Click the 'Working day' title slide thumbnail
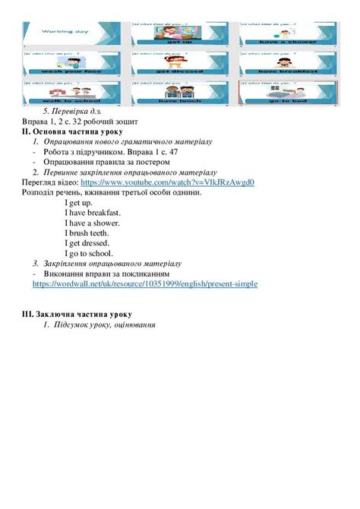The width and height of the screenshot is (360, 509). (68, 32)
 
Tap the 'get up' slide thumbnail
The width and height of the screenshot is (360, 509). (175, 32)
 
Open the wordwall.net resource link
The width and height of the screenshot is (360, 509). (145, 284)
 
